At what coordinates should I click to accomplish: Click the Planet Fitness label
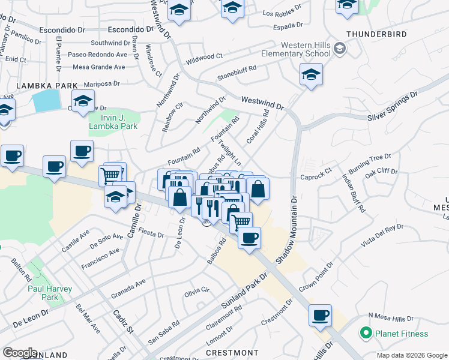402,334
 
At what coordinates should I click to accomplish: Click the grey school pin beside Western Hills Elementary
340,47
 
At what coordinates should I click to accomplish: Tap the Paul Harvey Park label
50,293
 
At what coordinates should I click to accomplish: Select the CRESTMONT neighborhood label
232,353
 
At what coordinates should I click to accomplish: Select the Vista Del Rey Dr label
382,235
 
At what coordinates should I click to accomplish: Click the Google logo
19,353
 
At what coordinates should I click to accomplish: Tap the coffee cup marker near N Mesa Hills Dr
321,315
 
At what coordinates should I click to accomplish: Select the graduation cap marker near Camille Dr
115,196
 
